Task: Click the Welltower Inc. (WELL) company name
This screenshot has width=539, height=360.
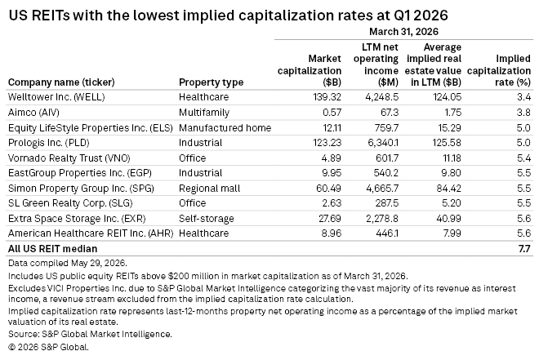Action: [x=56, y=97]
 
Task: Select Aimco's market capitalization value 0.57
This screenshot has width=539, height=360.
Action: [x=332, y=113]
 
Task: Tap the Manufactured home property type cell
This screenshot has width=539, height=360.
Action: [x=225, y=128]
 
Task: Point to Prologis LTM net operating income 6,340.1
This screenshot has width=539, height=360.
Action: [x=383, y=143]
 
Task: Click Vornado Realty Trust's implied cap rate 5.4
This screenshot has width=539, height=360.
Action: [x=523, y=158]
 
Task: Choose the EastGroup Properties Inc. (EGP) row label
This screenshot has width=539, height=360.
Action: [x=80, y=173]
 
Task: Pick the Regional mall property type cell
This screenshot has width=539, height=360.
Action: [x=209, y=189]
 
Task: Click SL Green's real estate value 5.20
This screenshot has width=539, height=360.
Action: [x=451, y=203]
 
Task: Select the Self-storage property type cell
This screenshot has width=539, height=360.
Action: [x=207, y=219]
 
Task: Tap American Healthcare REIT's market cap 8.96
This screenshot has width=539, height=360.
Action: [x=332, y=233]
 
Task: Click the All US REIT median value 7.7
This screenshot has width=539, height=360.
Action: [x=524, y=248]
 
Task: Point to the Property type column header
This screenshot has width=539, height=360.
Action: [x=211, y=82]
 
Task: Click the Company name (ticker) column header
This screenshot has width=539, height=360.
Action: [x=61, y=82]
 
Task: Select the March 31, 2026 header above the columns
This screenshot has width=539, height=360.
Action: [x=404, y=32]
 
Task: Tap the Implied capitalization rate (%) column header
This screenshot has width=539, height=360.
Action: [x=499, y=70]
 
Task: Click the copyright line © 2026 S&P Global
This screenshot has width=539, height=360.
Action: [x=48, y=347]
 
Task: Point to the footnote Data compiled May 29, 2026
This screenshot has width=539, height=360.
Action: [x=68, y=263]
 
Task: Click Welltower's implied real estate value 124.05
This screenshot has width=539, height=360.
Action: [x=447, y=97]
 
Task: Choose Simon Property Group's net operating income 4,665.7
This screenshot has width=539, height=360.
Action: [x=382, y=189]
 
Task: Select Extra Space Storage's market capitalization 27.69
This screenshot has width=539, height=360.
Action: [x=330, y=219]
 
